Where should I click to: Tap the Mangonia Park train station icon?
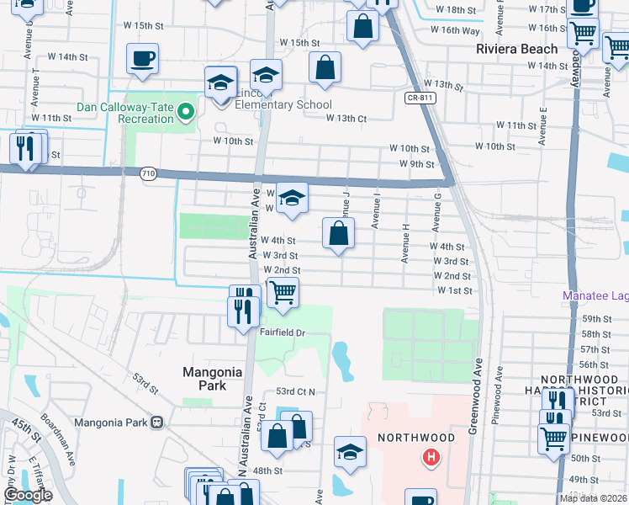[156, 423]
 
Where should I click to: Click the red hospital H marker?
[431, 458]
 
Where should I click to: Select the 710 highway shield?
[149, 173]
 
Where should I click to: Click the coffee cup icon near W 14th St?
[142, 59]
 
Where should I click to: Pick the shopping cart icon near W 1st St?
[283, 293]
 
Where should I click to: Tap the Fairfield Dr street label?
[281, 332]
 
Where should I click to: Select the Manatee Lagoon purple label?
[595, 296]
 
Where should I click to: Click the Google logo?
[28, 495]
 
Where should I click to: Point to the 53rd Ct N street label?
[295, 392]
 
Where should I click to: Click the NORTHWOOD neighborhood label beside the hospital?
[415, 438]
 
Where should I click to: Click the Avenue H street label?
[405, 244]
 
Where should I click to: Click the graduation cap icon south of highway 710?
[292, 199]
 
